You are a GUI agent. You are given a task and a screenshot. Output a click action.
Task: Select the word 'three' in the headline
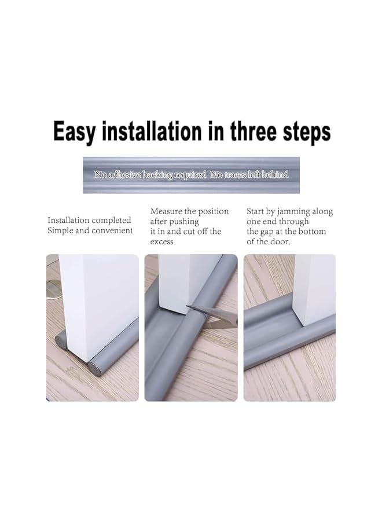[x=256, y=132]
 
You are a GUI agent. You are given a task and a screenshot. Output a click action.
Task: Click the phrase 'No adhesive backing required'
[x=150, y=174]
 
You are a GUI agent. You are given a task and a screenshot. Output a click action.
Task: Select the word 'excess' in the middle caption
[x=162, y=241]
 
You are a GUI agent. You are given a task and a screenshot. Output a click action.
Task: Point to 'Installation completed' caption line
[x=89, y=220]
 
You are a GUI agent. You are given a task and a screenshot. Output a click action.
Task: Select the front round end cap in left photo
[x=94, y=368]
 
